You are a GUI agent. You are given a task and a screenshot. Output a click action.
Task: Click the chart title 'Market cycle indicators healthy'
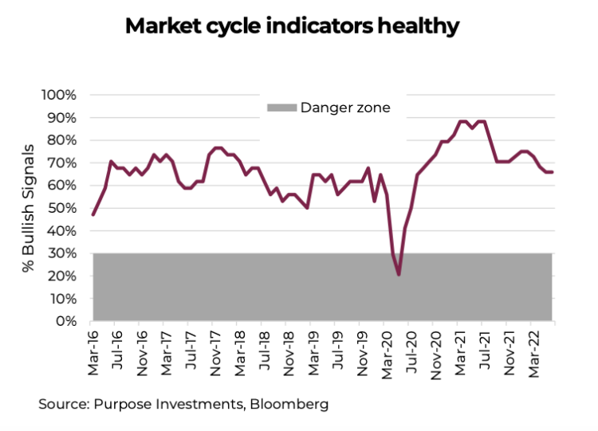click(x=292, y=26)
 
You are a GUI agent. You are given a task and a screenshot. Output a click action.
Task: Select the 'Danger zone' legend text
click(x=345, y=108)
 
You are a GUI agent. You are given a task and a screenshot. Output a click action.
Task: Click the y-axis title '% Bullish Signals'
click(x=29, y=209)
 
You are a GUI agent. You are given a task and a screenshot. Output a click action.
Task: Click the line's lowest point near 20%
click(x=398, y=275)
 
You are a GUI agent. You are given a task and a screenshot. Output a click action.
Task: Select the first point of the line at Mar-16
click(x=93, y=214)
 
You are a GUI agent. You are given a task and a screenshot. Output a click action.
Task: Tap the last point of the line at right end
click(x=553, y=172)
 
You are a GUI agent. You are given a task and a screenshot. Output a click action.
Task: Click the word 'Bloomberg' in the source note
click(x=289, y=404)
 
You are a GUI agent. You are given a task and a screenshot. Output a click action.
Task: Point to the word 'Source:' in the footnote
click(x=63, y=404)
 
